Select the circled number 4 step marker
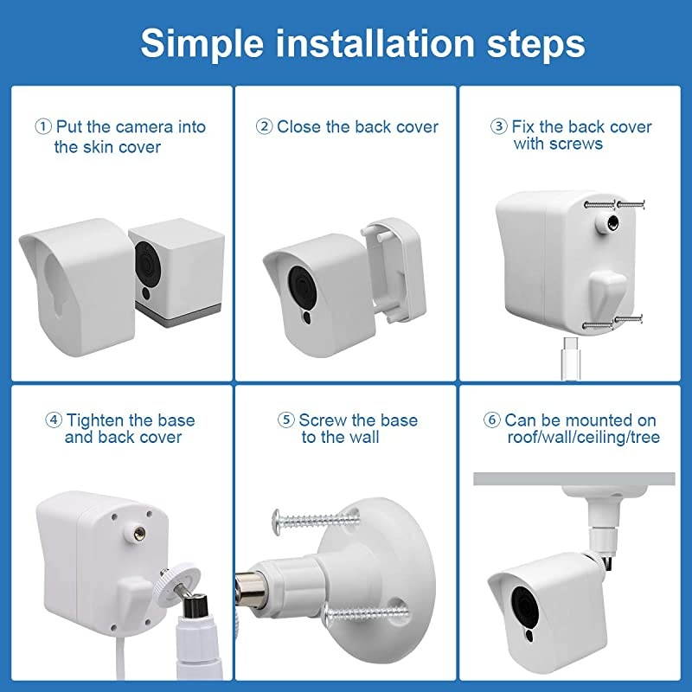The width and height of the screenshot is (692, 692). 54,420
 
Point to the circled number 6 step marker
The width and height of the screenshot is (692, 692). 493,420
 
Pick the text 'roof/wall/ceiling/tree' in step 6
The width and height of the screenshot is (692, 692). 583,438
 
